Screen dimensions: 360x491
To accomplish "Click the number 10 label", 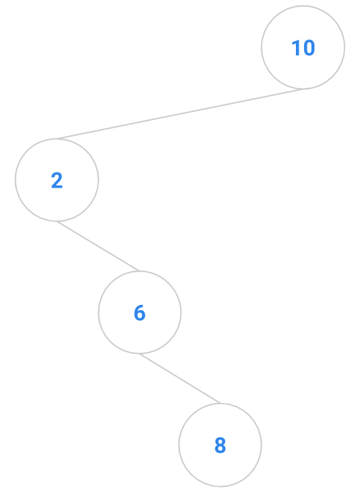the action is tap(303, 48).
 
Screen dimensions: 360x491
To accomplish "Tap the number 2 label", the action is tap(57, 180).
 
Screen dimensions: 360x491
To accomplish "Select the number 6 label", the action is tap(140, 312).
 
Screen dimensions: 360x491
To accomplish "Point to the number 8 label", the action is tap(220, 445).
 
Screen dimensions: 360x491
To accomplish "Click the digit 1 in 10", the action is tap(295, 48).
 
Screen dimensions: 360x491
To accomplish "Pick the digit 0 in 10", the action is tap(309, 48).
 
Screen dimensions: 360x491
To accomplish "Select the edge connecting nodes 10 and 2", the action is tap(180, 114).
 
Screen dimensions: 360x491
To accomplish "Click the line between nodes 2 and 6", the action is tap(98, 246).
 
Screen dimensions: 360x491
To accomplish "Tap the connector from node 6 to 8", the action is tap(180, 378).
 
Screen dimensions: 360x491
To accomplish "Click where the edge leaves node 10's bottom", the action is tap(303, 89).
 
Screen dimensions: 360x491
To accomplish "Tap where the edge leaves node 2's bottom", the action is tap(57, 221).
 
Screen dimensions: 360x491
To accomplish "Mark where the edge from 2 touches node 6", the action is tap(139, 271).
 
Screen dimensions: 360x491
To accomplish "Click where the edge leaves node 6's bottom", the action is tap(140, 353).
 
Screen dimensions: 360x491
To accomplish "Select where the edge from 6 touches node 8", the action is tap(221, 403).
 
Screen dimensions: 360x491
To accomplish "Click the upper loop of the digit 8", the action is tap(220, 441).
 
